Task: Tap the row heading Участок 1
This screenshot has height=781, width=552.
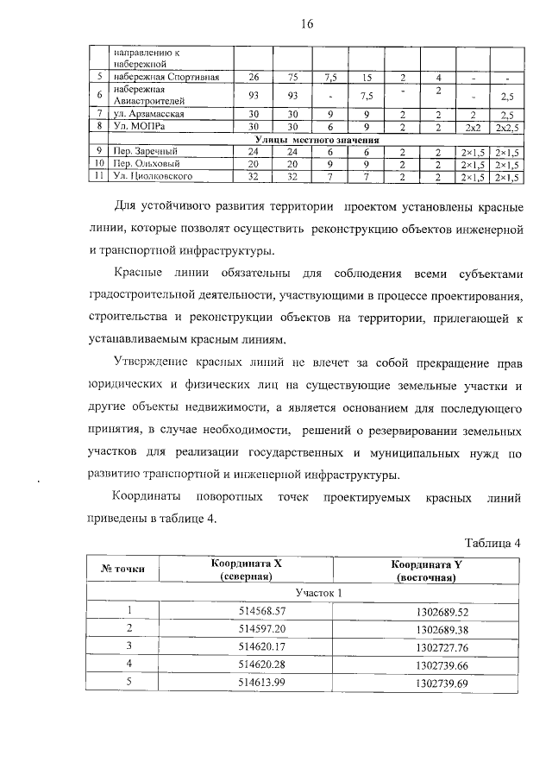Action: [307, 593]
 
